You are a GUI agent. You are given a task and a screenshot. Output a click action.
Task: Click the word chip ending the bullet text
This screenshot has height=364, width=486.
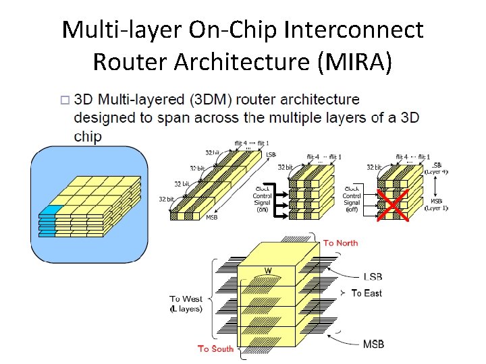[88, 137]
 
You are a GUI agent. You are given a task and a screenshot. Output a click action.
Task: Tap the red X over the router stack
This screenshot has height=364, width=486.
[393, 204]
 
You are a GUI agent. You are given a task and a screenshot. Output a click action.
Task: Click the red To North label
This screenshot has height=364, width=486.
[341, 243]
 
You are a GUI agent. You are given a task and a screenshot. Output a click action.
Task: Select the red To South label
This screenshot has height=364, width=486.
[215, 348]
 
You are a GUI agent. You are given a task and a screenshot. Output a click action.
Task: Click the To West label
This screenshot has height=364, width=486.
[185, 299]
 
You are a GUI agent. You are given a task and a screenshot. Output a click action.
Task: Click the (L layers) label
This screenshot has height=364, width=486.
[185, 309]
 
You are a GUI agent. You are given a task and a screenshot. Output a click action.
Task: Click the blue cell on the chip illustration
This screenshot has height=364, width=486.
[52, 210]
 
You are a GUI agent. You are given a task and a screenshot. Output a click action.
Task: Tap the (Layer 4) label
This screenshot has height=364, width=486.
[435, 172]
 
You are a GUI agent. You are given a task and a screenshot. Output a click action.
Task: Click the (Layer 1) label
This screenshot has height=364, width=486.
[436, 207]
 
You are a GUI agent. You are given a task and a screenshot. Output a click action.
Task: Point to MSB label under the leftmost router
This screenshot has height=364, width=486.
[211, 218]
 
